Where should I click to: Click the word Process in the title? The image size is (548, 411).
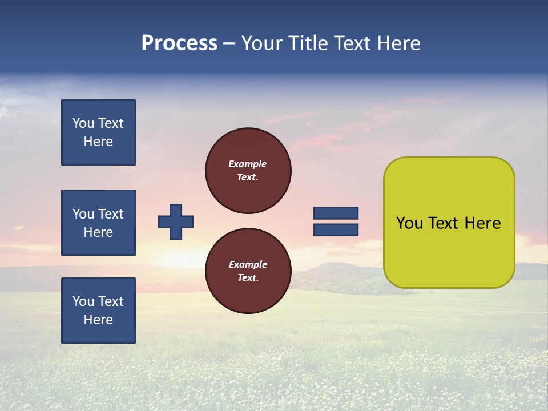tap(179, 43)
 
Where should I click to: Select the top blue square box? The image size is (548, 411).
tap(98, 132)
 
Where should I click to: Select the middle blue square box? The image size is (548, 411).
tap(98, 223)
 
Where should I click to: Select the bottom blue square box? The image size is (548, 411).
tap(98, 311)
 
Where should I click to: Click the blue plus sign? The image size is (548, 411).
tap(175, 221)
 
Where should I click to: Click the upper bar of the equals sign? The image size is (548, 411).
tap(336, 213)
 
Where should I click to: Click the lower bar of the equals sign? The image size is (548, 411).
tap(336, 230)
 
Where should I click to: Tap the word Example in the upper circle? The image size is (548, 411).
tap(248, 164)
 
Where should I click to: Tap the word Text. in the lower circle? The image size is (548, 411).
tap(248, 278)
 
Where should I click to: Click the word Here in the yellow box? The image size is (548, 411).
tap(482, 223)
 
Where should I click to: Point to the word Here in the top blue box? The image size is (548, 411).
tap(98, 142)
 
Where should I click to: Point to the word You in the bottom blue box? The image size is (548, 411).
tap(83, 301)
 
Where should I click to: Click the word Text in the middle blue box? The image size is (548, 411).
tap(111, 214)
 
